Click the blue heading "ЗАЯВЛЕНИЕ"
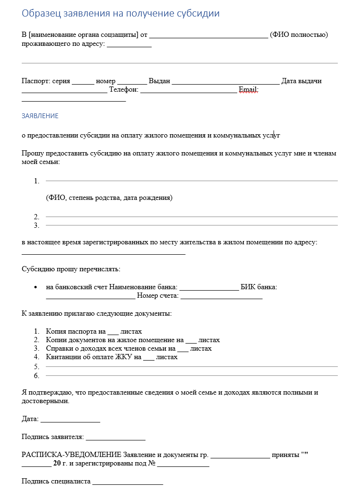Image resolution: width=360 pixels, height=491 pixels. tap(40, 116)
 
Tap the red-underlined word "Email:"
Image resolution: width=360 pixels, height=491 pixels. tap(249, 90)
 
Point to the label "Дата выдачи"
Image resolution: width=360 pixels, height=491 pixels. tap(301, 81)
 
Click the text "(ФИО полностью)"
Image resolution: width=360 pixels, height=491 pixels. tap(299, 34)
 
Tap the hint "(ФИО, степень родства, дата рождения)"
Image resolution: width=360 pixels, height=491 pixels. tap(109, 198)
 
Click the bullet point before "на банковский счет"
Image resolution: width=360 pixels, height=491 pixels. tap(36, 287)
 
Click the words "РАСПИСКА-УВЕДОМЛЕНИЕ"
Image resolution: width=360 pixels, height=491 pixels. tap(71, 455)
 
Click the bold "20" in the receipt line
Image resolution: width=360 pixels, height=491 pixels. tap(57, 464)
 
